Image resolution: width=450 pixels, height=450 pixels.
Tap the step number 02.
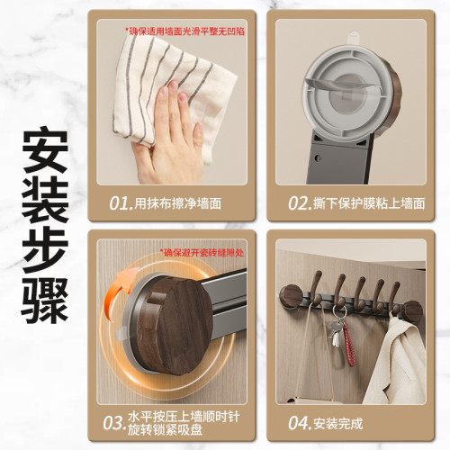[x=300, y=202]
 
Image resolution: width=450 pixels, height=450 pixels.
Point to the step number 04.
[x=300, y=422]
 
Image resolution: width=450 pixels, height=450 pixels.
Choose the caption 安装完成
[x=339, y=422]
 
